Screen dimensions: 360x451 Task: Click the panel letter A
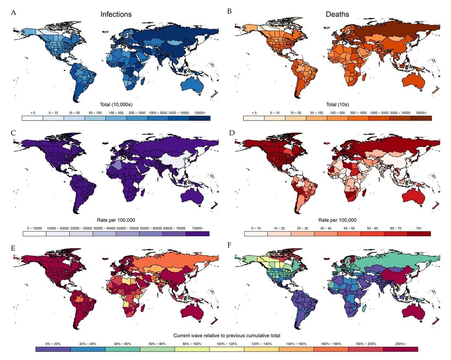pos(13,13)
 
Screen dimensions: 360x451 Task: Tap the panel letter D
pos(231,133)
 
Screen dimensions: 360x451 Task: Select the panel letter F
pos(229,245)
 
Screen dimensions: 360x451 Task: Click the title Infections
pos(116,14)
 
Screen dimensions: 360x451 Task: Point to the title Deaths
pos(337,14)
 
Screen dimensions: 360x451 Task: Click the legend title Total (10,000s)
pos(116,104)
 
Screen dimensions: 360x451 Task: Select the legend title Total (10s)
pos(337,104)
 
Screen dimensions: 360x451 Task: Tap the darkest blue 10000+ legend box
pos(199,118)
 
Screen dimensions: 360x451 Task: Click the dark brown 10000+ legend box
pos(421,118)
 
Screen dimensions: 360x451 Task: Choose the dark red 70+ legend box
pos(419,233)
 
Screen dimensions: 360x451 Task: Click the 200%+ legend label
pos(400,344)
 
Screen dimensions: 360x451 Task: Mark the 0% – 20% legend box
pos(53,349)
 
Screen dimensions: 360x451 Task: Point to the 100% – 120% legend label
pos(227,344)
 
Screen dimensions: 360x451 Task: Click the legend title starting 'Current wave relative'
pos(227,335)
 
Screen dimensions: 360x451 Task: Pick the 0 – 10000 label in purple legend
pos(35,228)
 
